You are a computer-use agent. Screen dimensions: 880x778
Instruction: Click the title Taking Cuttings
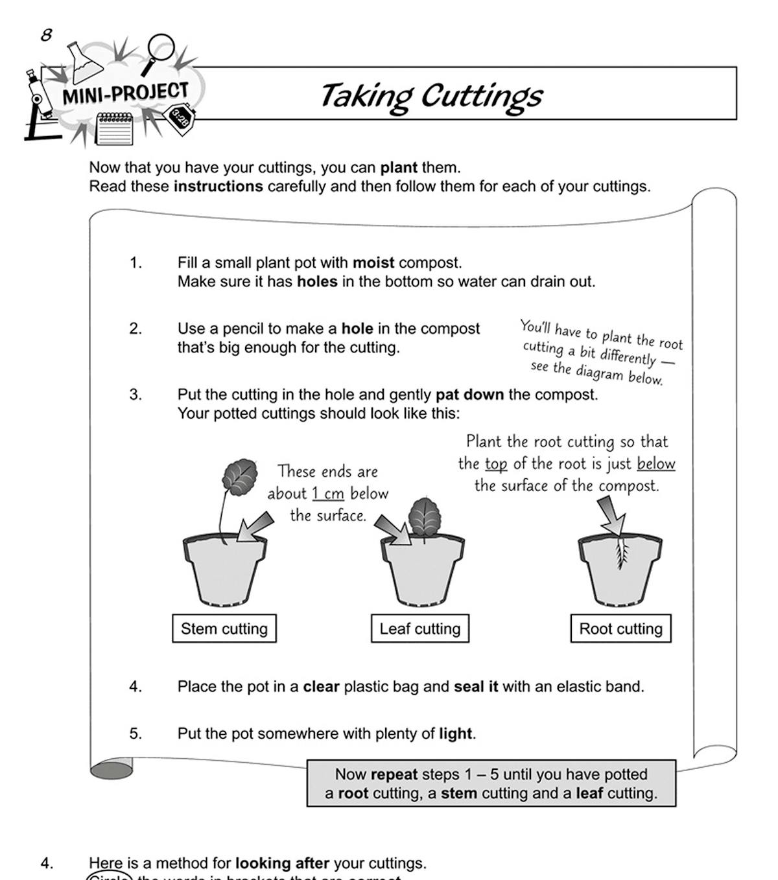tap(430, 96)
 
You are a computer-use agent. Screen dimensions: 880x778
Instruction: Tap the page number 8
tap(46, 35)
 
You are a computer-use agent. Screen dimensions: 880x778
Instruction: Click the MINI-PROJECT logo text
tap(125, 94)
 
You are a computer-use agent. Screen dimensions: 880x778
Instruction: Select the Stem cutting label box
tap(224, 629)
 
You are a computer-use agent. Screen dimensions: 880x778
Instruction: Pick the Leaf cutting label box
tap(419, 629)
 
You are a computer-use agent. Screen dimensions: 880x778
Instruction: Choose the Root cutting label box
tap(620, 629)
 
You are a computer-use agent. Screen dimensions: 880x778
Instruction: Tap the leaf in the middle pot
tap(425, 516)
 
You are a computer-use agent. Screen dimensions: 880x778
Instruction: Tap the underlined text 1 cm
tap(327, 494)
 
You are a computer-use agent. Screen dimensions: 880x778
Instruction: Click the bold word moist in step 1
tap(373, 263)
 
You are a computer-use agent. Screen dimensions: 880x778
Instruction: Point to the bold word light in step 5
tap(455, 734)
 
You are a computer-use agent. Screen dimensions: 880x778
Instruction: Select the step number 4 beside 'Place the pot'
tap(135, 686)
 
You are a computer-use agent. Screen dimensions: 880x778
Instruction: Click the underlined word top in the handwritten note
tap(496, 464)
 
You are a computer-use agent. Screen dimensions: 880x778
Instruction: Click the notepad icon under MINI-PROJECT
tap(114, 128)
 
